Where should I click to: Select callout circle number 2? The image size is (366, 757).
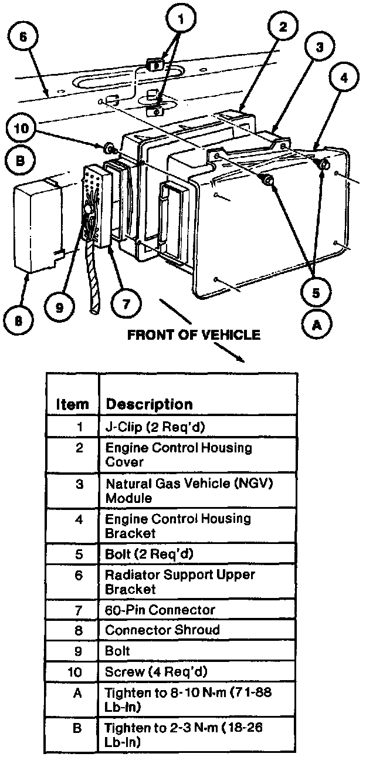coord(282,27)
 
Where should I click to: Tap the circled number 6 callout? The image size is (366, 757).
coord(23,36)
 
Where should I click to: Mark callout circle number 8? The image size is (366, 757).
coord(20,321)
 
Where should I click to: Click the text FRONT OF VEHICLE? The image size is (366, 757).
coord(194,335)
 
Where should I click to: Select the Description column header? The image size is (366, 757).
coord(148,404)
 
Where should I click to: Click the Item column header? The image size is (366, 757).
coord(72,404)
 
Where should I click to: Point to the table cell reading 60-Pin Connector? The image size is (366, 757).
coord(160,610)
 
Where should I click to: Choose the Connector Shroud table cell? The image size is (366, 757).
coord(162,630)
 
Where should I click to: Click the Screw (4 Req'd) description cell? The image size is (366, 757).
coord(155,671)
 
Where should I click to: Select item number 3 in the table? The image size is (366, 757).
coord(80,485)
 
